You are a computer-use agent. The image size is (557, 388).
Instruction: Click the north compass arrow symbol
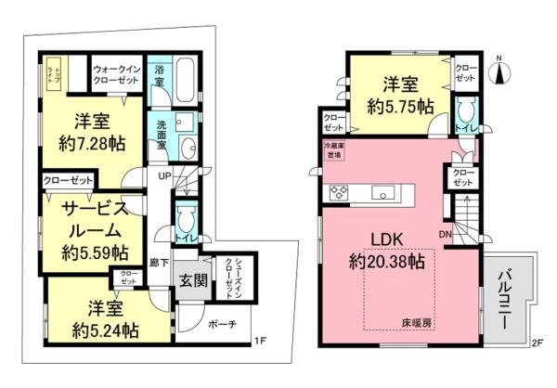499,72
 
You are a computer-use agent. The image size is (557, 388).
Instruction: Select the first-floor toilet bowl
186,221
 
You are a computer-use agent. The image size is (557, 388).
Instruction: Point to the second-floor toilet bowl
465,110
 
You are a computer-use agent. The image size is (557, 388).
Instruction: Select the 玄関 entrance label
193,282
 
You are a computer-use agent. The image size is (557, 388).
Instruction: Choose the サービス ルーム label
89,216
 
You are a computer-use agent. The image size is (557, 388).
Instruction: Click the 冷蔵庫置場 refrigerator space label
331,150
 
